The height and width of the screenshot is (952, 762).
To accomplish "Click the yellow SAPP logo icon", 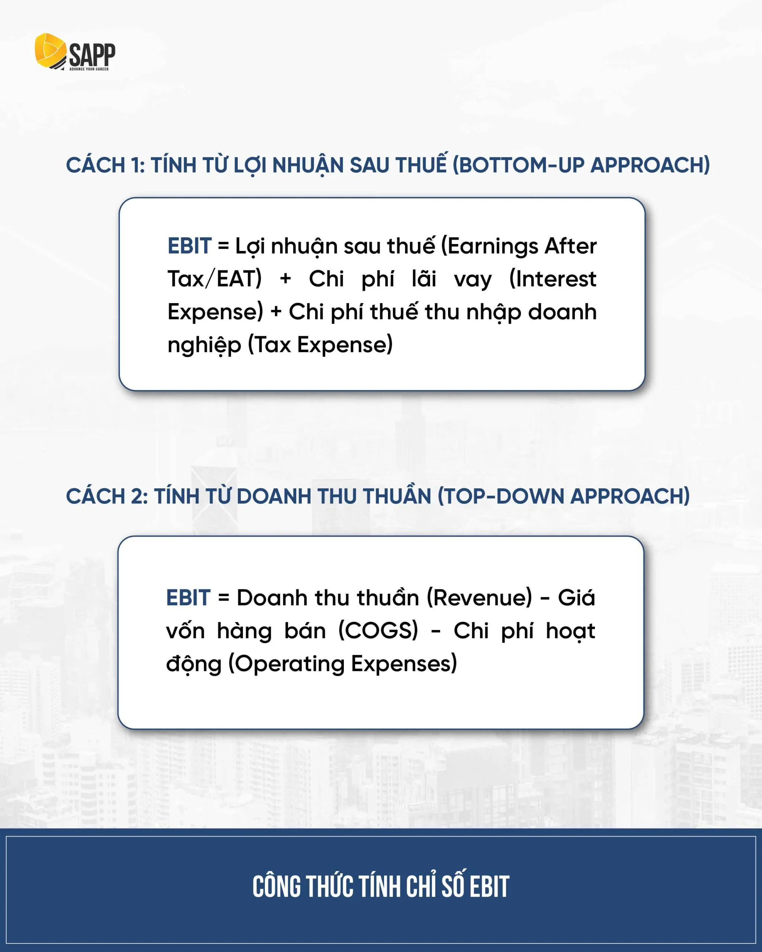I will (49, 50).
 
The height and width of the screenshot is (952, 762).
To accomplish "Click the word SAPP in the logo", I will (92, 54).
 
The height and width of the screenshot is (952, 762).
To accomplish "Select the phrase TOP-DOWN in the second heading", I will (502, 496).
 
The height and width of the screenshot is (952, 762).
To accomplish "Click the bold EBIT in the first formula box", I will (189, 246).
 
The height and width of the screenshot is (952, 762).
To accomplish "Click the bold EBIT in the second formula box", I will (188, 598).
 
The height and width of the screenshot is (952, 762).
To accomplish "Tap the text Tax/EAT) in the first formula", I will (214, 279).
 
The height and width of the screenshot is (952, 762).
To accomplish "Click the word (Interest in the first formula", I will (552, 279).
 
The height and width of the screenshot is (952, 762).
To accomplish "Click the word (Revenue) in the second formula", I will (479, 598).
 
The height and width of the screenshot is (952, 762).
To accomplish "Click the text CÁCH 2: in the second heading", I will (106, 496).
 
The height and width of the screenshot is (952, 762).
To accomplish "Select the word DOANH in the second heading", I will (274, 496).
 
